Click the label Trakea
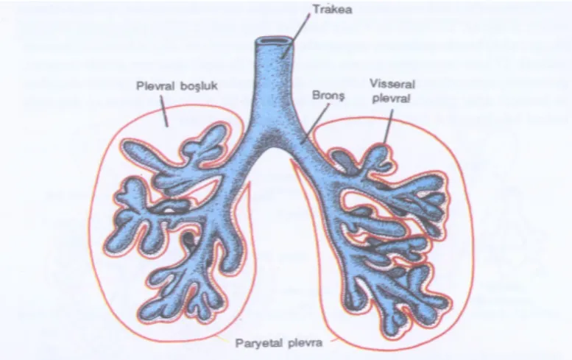coord(332,10)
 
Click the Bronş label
coord(328,96)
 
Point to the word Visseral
coord(392,84)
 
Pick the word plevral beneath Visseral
coord(392,99)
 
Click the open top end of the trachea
coord(274,40)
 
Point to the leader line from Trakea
coord(296,37)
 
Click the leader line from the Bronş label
coord(316,122)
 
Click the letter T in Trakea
coord(316,10)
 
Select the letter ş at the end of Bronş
coord(341,97)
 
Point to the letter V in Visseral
coord(373,84)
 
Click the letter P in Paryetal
coord(239,343)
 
